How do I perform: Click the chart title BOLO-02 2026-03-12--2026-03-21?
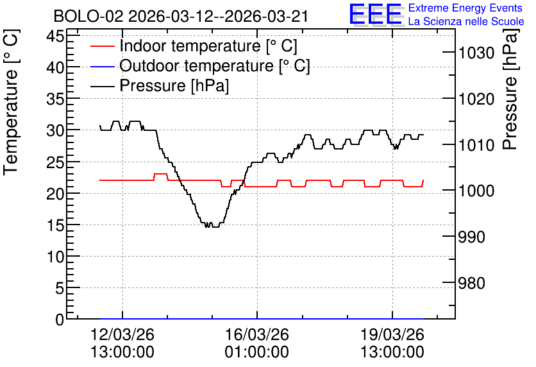(181, 16)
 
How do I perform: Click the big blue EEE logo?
(376, 15)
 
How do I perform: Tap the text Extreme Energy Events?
(465, 8)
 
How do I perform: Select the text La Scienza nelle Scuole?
(466, 21)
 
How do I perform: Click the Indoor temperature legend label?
(208, 46)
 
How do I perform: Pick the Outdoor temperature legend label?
(215, 65)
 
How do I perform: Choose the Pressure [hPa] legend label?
(174, 85)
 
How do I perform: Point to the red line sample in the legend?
(102, 46)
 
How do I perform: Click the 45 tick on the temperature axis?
(55, 35)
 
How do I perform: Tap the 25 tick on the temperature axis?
(55, 162)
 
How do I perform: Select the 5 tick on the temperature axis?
(60, 288)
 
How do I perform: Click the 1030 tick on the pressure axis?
(476, 53)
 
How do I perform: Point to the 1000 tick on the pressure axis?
(476, 191)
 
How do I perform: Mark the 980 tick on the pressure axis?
(472, 283)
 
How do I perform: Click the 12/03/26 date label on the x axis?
(122, 334)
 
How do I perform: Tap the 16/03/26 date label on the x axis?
(256, 334)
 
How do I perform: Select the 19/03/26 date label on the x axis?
(392, 334)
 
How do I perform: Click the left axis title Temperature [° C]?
(11, 103)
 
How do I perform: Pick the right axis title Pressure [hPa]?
(510, 89)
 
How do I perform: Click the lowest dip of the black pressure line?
(215, 226)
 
